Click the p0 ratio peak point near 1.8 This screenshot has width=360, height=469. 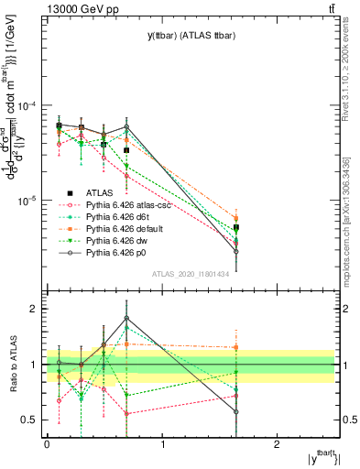click(x=126, y=319)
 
